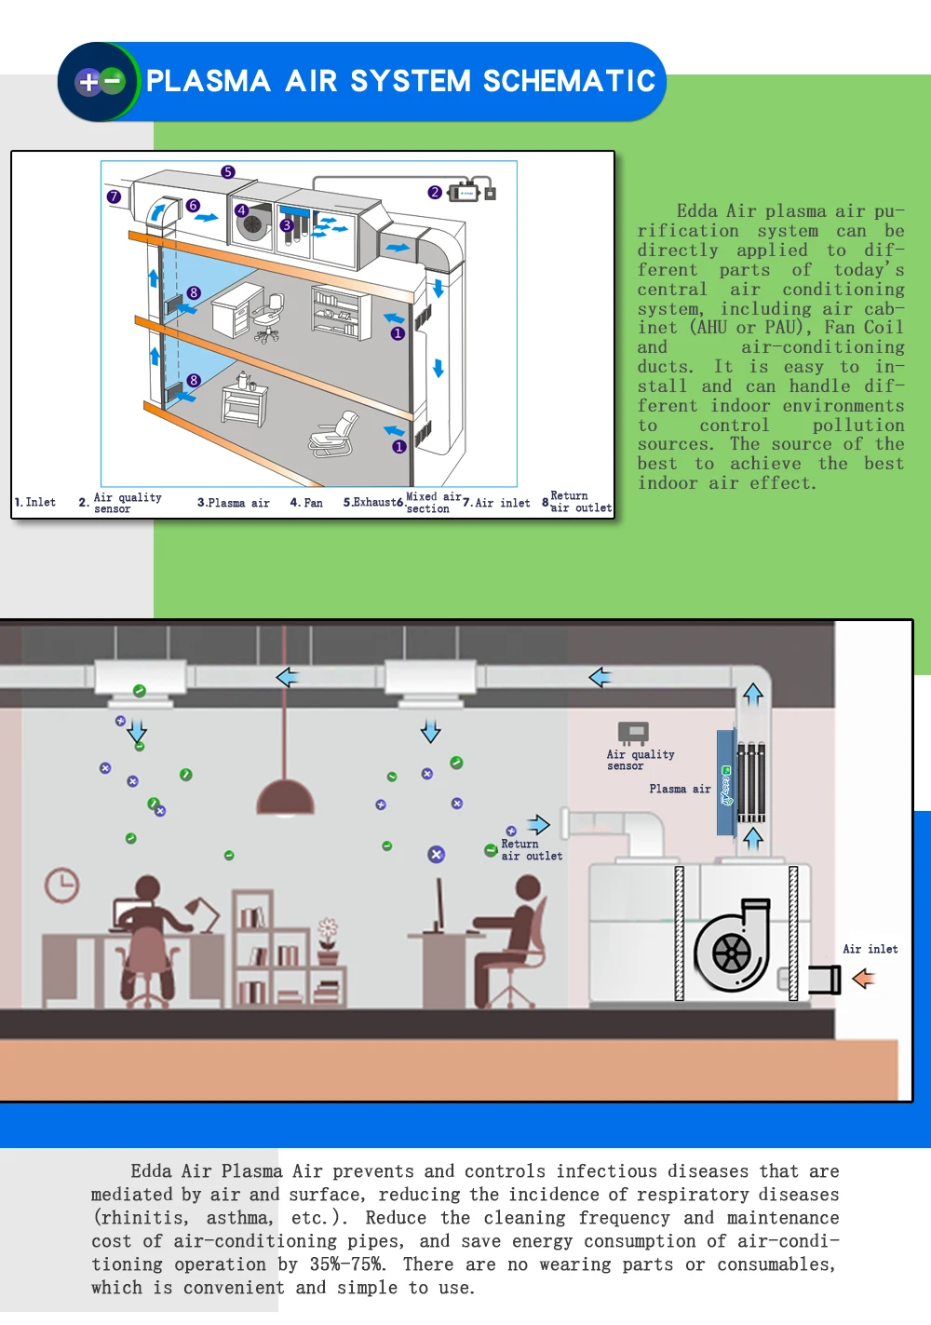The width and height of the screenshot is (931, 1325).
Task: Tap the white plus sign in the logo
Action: coord(88,82)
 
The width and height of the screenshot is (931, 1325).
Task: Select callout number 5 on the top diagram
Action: coord(228,172)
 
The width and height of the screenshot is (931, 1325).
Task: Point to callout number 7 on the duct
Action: coord(114,196)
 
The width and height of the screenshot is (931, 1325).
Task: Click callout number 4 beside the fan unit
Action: coord(241,210)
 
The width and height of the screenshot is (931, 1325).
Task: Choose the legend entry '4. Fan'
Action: coord(306,503)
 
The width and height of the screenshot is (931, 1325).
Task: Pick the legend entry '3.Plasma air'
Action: coord(233,503)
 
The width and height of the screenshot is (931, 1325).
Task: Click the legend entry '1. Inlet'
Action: coord(35,503)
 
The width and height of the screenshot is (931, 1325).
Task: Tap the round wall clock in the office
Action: coord(62,884)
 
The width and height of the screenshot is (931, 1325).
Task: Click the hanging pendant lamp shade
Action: coord(285,798)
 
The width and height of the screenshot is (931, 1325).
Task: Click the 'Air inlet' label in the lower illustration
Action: coord(870,949)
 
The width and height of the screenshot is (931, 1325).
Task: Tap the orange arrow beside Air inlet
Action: coord(864,979)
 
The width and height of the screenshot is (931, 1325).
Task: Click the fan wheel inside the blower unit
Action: coord(731,953)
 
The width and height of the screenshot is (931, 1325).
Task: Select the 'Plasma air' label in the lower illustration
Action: coord(680,789)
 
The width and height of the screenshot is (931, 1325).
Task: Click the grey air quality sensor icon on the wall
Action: coord(633,732)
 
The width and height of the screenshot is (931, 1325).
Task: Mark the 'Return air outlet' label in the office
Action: coord(532,850)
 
